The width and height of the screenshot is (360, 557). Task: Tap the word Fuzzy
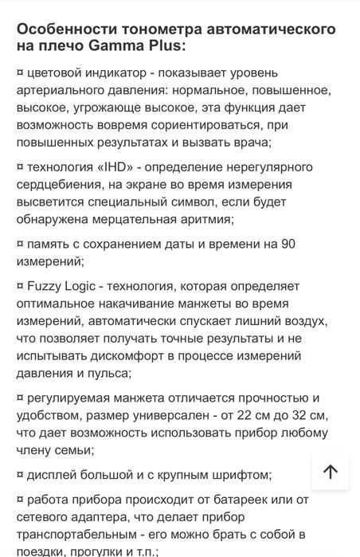click(x=46, y=284)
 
